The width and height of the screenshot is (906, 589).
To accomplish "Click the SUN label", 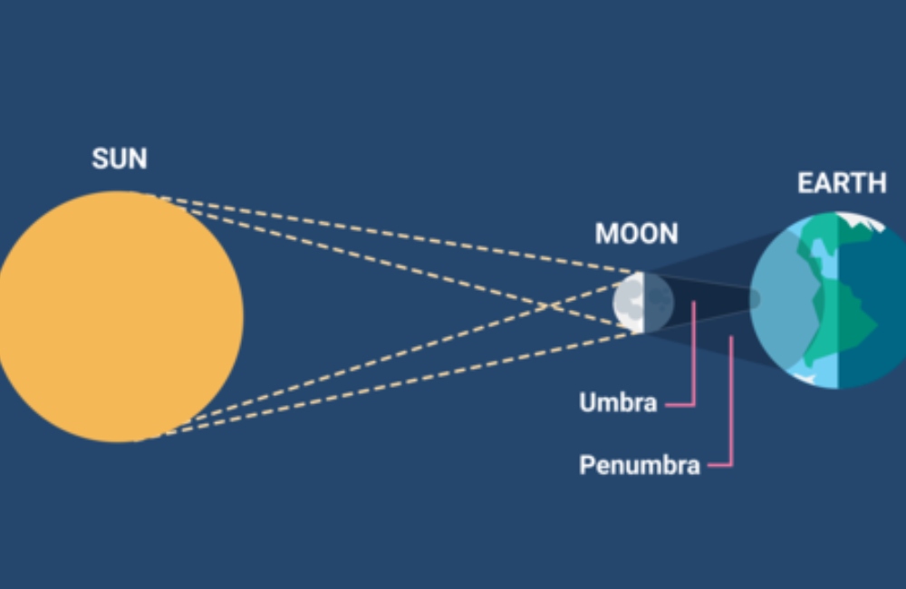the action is (120, 159).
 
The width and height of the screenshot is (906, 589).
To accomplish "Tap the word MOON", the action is (637, 234).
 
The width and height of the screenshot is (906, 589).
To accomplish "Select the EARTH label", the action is (842, 183).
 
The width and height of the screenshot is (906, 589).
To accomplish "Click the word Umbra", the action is (618, 402).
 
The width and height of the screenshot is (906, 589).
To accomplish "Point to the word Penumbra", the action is (640, 465).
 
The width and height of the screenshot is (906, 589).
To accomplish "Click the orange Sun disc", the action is (119, 317).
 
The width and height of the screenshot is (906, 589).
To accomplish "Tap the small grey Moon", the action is (643, 303).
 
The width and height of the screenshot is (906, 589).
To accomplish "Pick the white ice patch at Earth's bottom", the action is (805, 378).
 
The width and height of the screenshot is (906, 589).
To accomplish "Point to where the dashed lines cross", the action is (549, 305).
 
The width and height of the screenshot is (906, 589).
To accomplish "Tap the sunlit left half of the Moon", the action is (629, 303).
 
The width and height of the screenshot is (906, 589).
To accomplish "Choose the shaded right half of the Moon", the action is (659, 303).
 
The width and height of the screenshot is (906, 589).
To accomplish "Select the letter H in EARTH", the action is (877, 183).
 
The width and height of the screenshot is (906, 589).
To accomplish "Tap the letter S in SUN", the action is (101, 159).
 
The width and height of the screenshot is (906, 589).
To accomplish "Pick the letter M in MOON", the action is (606, 234).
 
